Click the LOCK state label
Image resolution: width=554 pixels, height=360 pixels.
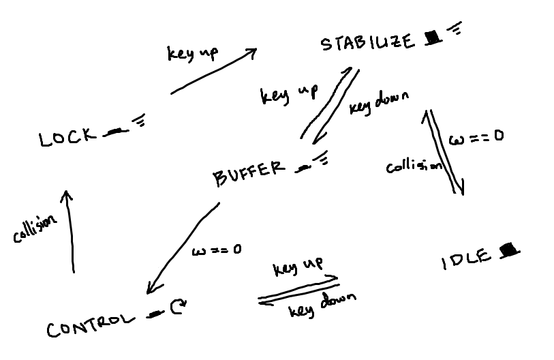[67, 137]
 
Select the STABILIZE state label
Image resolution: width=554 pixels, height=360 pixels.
[367, 42]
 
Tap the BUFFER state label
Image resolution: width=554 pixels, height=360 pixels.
[249, 172]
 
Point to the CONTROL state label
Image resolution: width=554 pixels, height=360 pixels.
[91, 325]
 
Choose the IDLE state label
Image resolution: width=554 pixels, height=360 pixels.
[466, 260]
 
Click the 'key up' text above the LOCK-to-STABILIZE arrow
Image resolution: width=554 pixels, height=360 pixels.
[193, 54]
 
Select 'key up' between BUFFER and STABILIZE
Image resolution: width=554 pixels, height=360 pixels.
[289, 95]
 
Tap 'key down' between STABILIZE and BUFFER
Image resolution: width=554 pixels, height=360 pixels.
[379, 102]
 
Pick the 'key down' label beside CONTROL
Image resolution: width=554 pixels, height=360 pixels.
[322, 305]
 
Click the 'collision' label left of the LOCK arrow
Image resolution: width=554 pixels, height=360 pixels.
[35, 228]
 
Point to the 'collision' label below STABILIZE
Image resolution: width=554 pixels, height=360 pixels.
[414, 166]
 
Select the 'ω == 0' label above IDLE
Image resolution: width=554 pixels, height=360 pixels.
[476, 137]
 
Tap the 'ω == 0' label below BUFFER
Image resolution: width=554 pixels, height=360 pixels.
[217, 250]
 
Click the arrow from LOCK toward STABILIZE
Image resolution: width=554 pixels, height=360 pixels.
[214, 71]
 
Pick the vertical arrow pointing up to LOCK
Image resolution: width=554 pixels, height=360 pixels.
[70, 232]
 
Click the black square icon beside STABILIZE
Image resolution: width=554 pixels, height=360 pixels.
[433, 38]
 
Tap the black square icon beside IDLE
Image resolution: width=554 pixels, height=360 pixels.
[509, 250]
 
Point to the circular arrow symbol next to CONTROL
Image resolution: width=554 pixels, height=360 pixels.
[178, 307]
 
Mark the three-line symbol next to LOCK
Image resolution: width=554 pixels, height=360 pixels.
[139, 120]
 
